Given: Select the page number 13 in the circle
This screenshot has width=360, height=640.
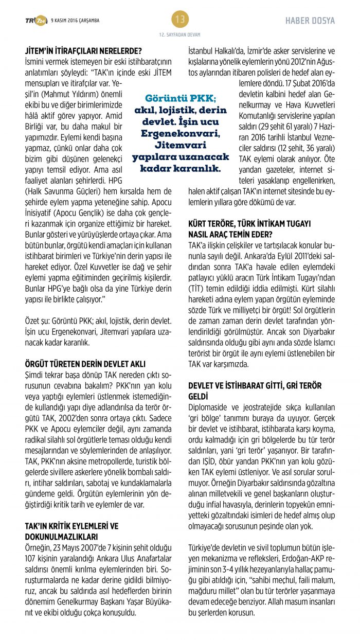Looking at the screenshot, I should click(179, 20).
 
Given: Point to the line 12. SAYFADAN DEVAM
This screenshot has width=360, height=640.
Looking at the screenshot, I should click(179, 34).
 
